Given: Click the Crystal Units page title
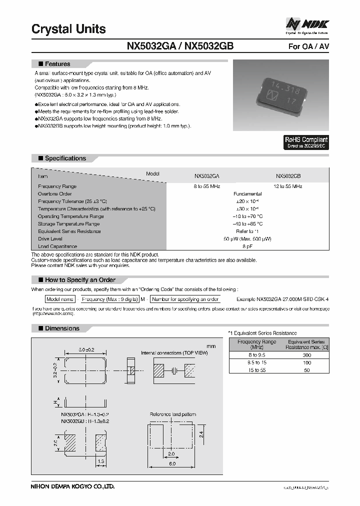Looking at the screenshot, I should tap(68, 29).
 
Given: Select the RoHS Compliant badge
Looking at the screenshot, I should tap(306, 142).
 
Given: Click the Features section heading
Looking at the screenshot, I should tap(57, 64).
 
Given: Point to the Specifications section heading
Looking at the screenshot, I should tap(65, 158).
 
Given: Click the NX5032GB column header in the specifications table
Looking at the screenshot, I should tap(288, 176).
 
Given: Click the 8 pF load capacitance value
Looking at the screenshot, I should tap(247, 246).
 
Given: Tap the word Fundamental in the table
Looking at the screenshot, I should tap(247, 193).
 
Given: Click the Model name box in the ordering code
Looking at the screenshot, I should tap(60, 299).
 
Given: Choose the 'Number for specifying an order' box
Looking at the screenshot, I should tap(185, 299).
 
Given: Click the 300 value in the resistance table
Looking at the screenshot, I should tap(307, 354).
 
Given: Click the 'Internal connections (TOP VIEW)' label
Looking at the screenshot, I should tap(174, 353).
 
